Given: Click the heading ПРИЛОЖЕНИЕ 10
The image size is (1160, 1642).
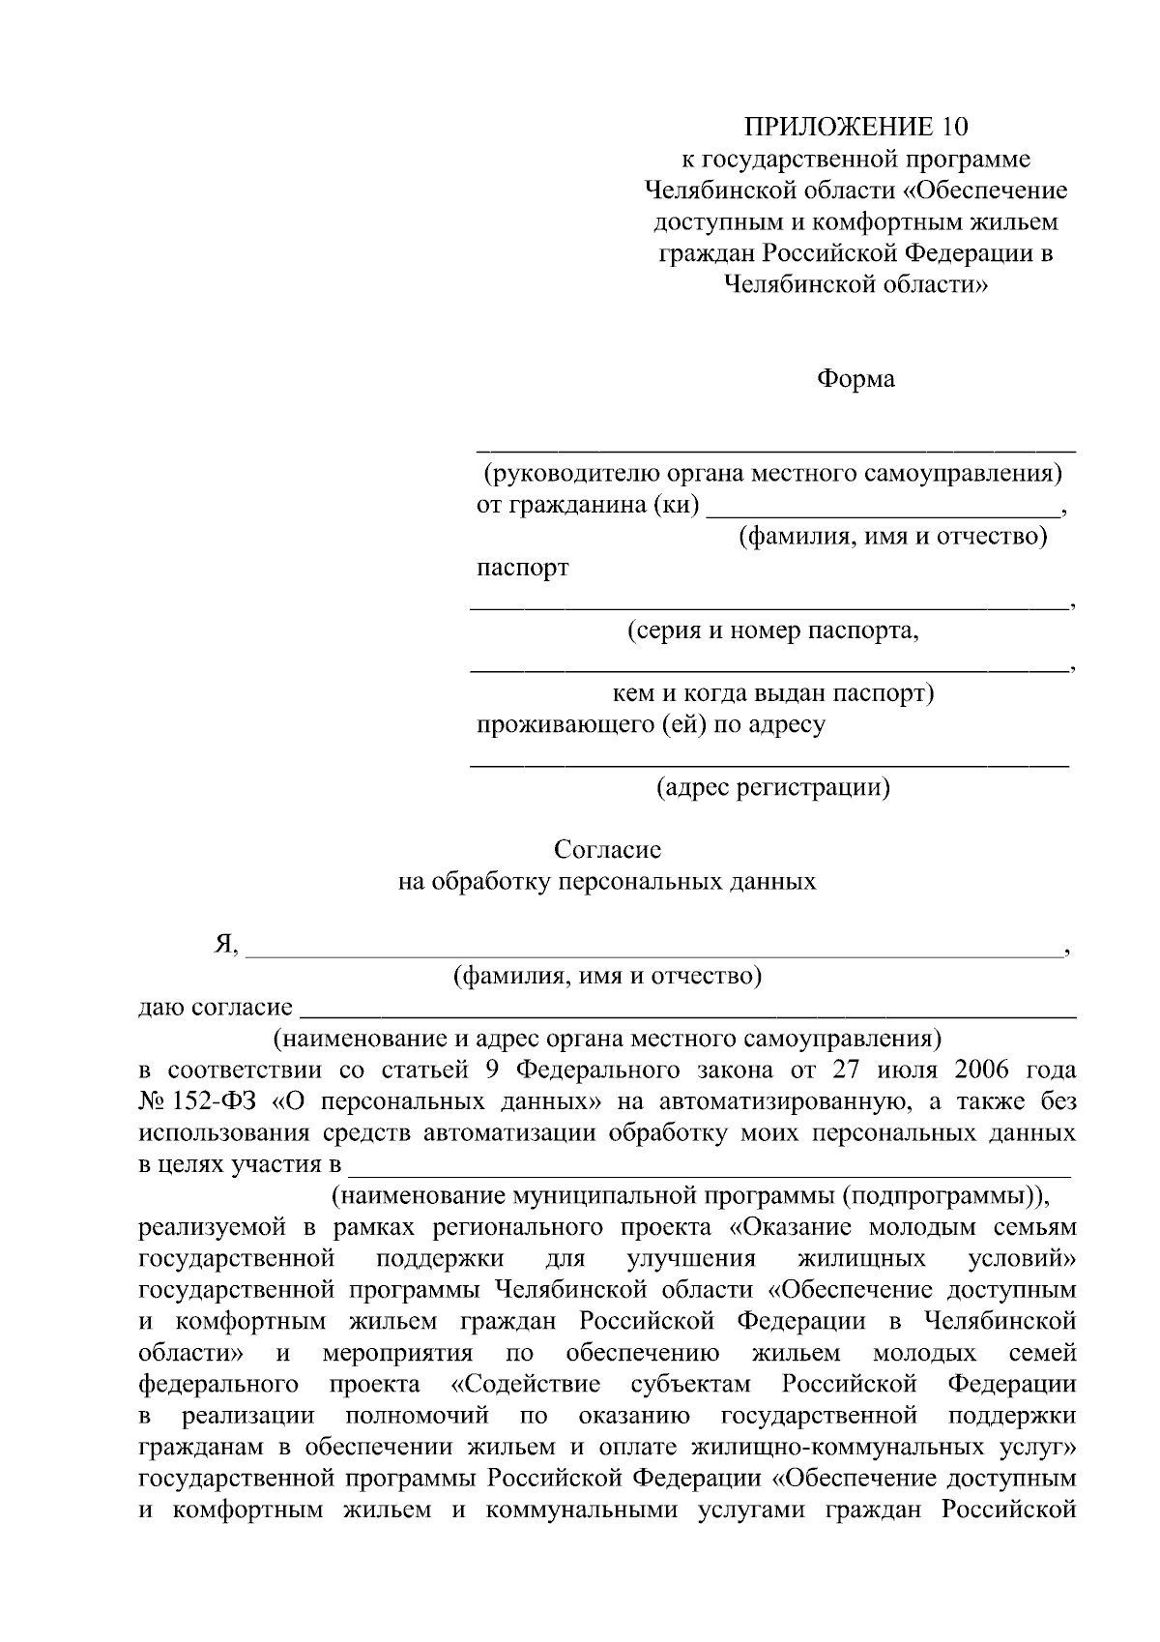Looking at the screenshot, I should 855,127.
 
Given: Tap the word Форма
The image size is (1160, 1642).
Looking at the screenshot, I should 855,379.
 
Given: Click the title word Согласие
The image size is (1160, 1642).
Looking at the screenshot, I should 607,850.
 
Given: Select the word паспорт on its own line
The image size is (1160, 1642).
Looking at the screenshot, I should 523,568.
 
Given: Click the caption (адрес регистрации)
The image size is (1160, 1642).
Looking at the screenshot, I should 773,787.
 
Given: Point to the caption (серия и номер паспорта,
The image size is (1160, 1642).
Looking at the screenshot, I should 772,631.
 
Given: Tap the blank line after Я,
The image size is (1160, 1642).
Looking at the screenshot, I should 653,952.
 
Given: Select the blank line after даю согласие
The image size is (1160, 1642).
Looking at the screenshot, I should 688,1014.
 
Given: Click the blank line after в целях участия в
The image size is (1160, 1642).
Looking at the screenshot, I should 710,1171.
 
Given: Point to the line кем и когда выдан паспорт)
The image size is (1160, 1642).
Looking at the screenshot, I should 773,693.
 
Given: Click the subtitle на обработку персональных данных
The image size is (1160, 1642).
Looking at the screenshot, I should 607,882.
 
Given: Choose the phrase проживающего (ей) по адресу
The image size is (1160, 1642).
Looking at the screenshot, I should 651,725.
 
